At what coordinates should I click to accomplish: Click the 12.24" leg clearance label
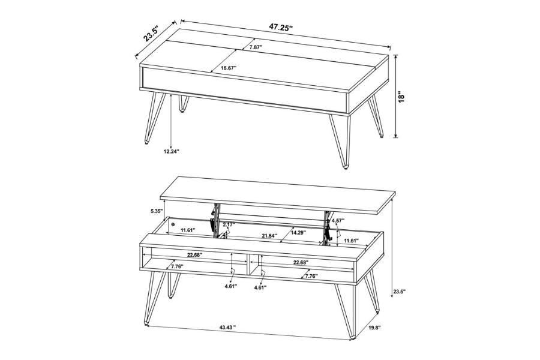171,152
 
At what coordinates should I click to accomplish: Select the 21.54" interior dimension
269,236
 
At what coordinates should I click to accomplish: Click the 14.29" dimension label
298,232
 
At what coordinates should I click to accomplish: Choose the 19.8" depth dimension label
374,328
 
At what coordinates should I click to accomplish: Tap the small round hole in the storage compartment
173,224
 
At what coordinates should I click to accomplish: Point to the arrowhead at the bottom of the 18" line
395,136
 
